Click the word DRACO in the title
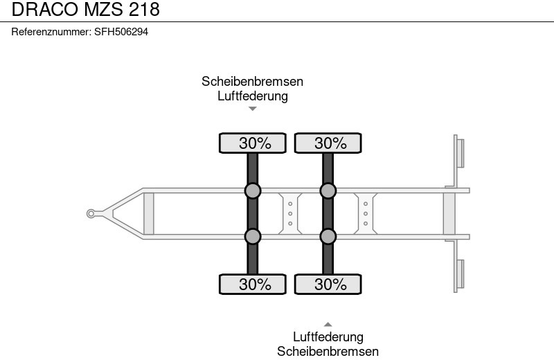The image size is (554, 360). (x=46, y=9)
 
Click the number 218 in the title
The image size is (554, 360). (x=144, y=9)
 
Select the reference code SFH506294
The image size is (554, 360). (x=121, y=32)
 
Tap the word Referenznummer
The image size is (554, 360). (x=51, y=32)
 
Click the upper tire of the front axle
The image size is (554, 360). (x=253, y=143)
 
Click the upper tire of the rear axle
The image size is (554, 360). (x=328, y=143)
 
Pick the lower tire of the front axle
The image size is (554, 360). (x=253, y=284)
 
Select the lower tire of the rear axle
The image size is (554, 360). (x=328, y=284)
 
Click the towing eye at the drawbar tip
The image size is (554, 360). (x=91, y=213)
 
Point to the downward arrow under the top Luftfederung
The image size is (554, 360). (x=253, y=109)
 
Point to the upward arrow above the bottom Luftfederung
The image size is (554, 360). (x=328, y=324)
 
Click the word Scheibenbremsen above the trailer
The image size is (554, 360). (x=253, y=82)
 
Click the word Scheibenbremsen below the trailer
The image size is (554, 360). (x=328, y=352)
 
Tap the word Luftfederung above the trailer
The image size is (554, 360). (x=253, y=96)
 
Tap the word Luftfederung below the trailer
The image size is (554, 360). (x=328, y=336)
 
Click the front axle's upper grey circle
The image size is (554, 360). (x=253, y=191)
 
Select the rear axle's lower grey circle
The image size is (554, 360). (x=328, y=236)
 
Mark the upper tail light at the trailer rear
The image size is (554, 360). (x=461, y=153)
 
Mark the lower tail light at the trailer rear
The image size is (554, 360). (x=461, y=273)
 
